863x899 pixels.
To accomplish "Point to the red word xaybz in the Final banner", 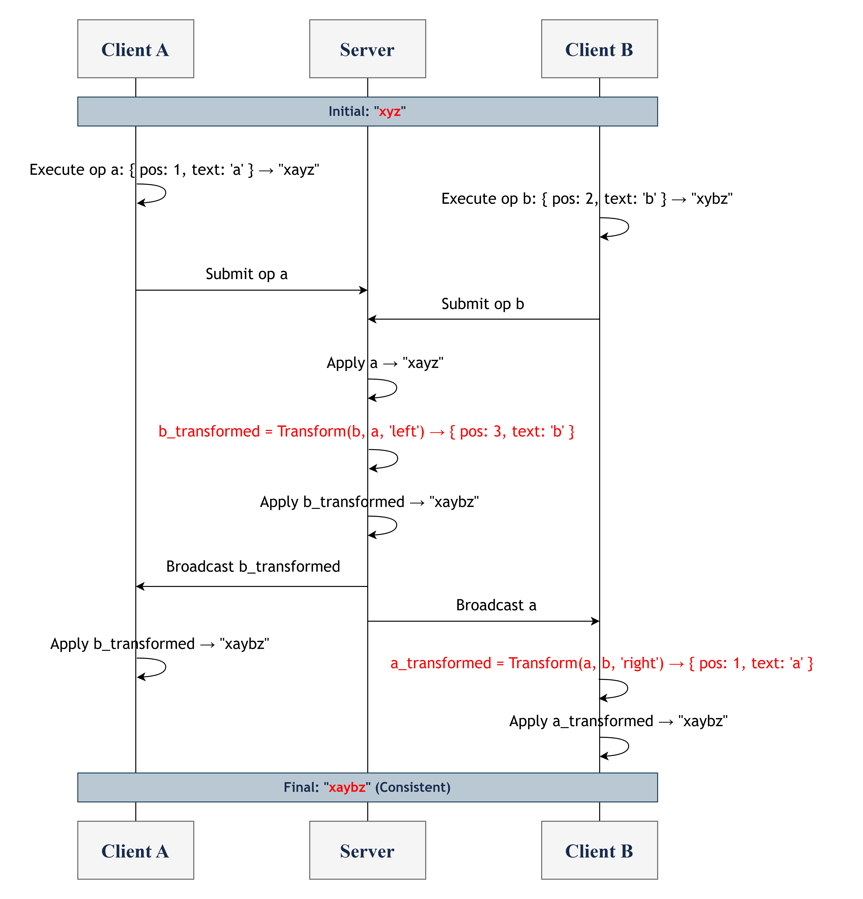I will (347, 787).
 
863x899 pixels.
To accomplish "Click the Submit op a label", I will (246, 274).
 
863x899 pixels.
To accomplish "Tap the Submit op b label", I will (482, 304).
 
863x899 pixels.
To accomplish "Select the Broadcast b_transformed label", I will (253, 566).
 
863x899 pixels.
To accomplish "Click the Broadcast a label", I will (496, 605).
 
